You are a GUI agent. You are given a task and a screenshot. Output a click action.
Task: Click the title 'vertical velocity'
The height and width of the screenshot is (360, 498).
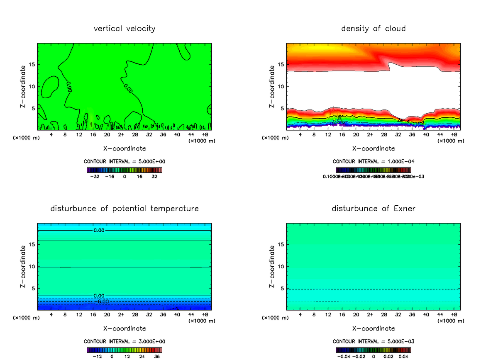click(124, 29)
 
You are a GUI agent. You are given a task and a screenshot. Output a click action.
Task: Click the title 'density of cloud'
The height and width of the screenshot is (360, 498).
click(373, 29)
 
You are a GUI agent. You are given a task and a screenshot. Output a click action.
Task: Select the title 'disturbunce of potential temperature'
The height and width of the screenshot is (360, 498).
click(124, 208)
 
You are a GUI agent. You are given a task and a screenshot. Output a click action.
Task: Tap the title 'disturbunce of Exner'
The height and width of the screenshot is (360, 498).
click(373, 208)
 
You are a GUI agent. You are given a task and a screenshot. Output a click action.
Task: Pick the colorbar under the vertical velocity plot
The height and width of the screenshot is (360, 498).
click(124, 170)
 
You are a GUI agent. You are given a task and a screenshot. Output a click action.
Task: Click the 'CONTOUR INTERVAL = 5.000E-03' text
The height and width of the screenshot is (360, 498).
click(373, 341)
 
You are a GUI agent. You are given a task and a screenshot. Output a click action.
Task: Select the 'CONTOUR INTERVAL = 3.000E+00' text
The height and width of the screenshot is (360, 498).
click(124, 341)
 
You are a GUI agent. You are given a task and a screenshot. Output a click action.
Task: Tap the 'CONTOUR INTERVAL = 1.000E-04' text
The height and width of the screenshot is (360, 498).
click(373, 161)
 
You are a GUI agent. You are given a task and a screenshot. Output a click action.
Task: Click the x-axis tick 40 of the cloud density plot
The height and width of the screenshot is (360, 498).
click(426, 135)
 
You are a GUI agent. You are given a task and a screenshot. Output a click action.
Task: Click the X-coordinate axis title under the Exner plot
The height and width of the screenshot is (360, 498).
click(373, 328)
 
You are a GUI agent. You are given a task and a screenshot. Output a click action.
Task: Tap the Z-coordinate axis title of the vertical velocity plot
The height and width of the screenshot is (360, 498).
click(24, 87)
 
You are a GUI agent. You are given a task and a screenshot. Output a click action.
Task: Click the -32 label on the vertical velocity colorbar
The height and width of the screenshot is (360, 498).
click(96, 176)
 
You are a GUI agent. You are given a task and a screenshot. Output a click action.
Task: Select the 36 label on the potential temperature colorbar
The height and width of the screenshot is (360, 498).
click(157, 356)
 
